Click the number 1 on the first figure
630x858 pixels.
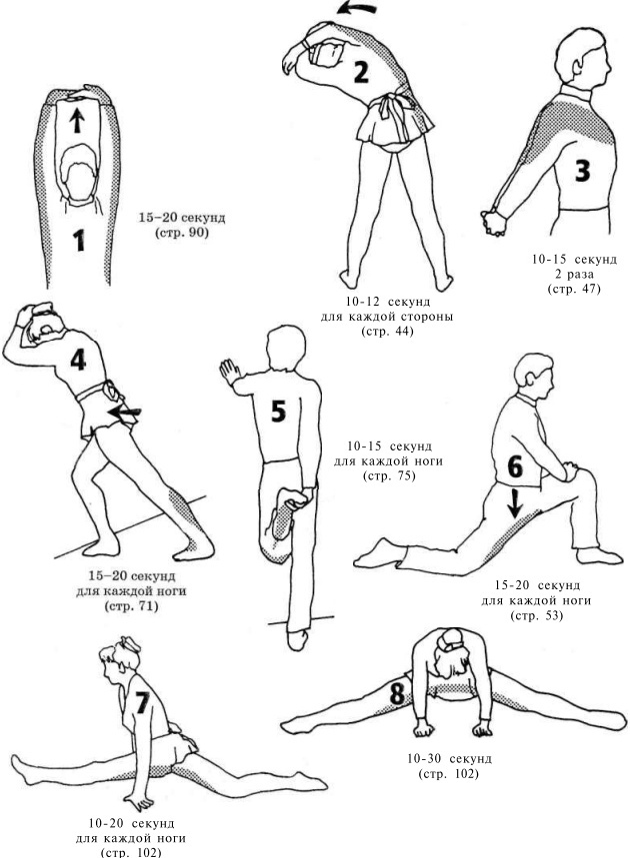tap(79, 240)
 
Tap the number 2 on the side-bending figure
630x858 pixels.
tap(360, 72)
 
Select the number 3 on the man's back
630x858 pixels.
tap(582, 170)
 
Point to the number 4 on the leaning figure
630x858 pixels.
tap(78, 359)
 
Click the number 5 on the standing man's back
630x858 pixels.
tap(278, 412)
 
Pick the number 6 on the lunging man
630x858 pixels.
tap(515, 466)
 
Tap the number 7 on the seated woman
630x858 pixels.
tap(142, 703)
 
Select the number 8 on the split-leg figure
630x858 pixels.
tap(396, 693)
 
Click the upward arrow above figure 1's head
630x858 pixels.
tap(77, 120)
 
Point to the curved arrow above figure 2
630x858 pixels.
tap(357, 8)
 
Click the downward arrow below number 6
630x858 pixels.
tap(514, 503)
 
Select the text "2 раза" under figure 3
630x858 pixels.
tap(574, 274)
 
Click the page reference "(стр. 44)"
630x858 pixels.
tap(387, 332)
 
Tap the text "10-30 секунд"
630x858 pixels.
tap(449, 759)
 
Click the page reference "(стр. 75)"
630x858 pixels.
tap(390, 476)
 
